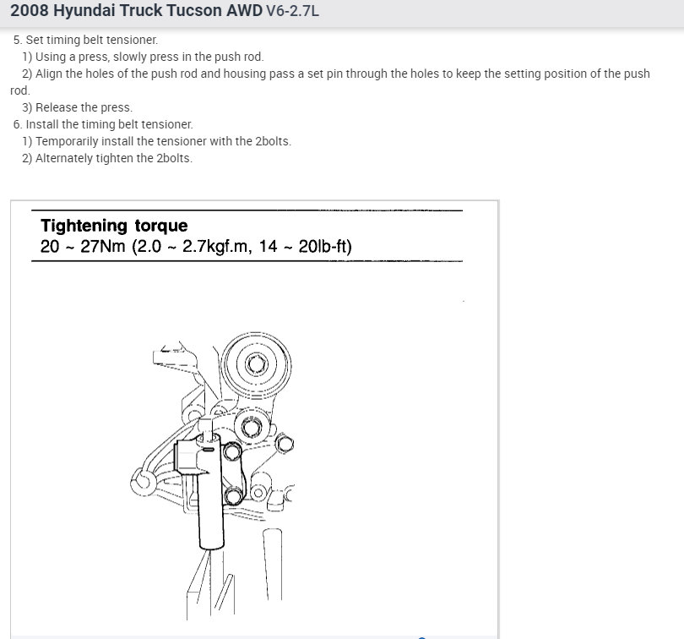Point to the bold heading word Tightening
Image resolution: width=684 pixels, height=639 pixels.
(x=84, y=226)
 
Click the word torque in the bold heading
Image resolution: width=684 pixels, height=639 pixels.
(x=160, y=227)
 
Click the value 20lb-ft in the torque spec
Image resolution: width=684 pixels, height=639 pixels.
(x=322, y=247)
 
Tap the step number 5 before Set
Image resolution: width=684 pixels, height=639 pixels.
(x=17, y=40)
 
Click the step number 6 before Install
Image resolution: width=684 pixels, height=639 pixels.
(x=17, y=124)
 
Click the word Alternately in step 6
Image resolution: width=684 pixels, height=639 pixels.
(x=65, y=158)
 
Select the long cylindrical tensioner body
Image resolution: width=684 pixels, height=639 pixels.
(x=209, y=499)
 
